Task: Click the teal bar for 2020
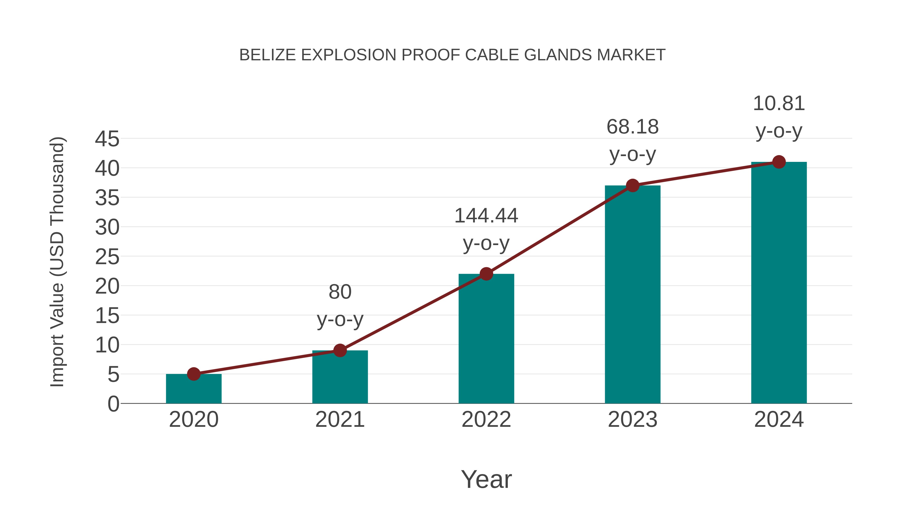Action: click(194, 389)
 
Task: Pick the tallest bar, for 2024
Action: click(779, 283)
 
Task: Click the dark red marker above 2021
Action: click(340, 350)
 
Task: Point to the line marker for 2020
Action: click(194, 374)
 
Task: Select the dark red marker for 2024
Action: click(779, 162)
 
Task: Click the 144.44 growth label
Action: click(486, 216)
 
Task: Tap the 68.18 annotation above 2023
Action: click(632, 127)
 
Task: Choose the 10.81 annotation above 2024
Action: click(779, 104)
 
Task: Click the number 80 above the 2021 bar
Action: click(340, 292)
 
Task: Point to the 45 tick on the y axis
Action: click(107, 139)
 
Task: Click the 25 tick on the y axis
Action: click(107, 257)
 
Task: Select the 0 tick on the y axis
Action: click(113, 404)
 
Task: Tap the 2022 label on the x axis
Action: click(486, 420)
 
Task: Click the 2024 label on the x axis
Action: click(779, 420)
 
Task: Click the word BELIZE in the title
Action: click(267, 55)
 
